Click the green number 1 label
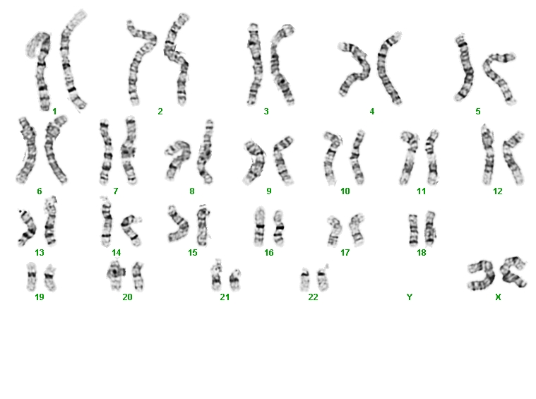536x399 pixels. (x=54, y=111)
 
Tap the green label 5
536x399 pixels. (x=478, y=111)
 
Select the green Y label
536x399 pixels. (x=410, y=297)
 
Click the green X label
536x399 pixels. (x=498, y=297)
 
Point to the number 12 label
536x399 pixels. (x=498, y=191)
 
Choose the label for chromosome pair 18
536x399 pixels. (x=422, y=253)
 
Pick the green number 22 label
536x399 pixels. (x=313, y=297)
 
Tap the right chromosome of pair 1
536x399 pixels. (x=70, y=61)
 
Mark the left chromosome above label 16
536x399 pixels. (x=260, y=227)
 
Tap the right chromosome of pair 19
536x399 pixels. (x=50, y=277)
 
